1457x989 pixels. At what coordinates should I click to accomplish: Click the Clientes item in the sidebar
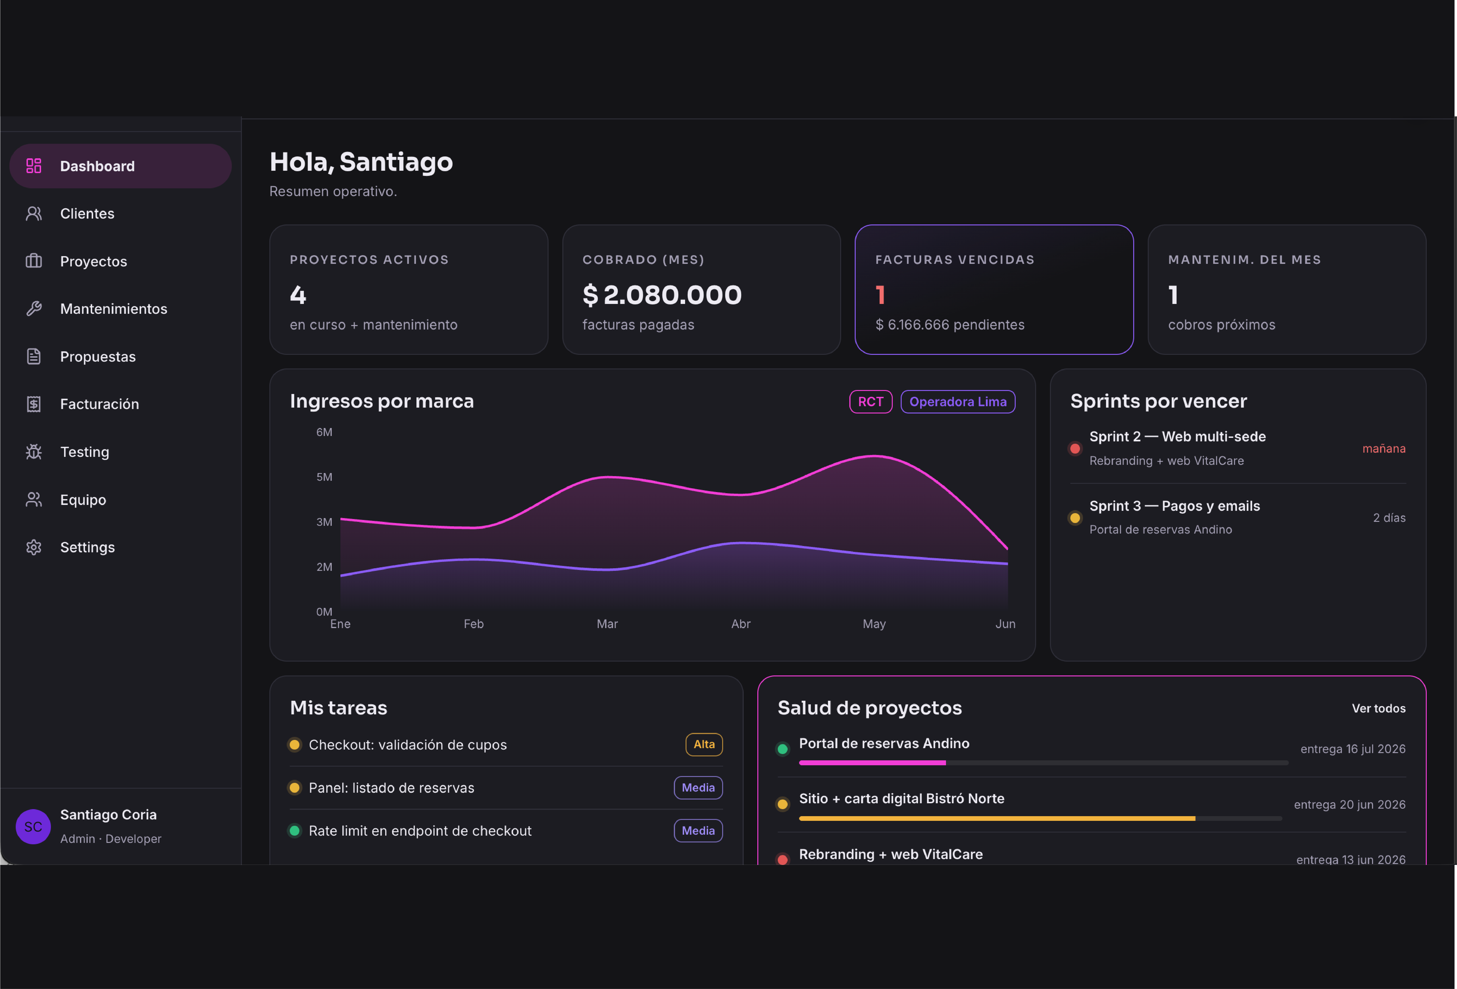click(x=87, y=214)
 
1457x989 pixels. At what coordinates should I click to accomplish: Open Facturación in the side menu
click(x=99, y=404)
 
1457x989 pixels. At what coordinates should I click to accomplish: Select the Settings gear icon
click(x=34, y=547)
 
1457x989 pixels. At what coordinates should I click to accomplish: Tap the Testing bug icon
click(x=34, y=452)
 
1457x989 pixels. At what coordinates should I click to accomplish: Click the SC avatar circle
click(x=33, y=827)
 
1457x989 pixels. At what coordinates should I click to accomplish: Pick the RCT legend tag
click(x=870, y=402)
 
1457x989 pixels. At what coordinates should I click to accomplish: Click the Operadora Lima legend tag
click(x=957, y=402)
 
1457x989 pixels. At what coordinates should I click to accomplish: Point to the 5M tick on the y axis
click(x=324, y=477)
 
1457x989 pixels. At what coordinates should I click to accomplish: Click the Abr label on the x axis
click(x=740, y=624)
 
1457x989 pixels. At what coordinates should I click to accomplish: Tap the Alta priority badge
click(x=703, y=745)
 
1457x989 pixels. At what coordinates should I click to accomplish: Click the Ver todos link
click(x=1378, y=708)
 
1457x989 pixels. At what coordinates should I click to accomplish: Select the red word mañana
click(x=1384, y=449)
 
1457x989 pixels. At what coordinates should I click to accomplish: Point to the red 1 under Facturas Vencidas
click(x=880, y=295)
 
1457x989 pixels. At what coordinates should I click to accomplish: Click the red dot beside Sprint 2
click(x=1075, y=449)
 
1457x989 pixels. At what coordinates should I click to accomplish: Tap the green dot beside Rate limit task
click(x=294, y=831)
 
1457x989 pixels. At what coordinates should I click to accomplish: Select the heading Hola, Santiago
click(x=361, y=162)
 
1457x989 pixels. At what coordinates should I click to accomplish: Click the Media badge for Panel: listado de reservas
click(x=698, y=788)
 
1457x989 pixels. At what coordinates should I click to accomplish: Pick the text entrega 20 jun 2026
click(x=1349, y=805)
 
